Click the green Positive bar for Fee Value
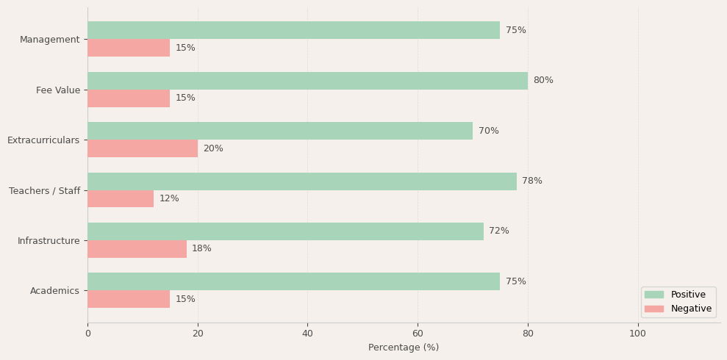(307, 81)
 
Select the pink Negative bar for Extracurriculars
(143, 148)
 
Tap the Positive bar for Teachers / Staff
(302, 181)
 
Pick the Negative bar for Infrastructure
(137, 249)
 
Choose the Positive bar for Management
(293, 30)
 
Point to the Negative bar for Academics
(129, 299)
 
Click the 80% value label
(543, 81)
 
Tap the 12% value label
(169, 199)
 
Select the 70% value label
(488, 131)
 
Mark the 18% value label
(201, 249)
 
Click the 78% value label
(532, 181)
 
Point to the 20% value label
(213, 148)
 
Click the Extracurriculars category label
(43, 140)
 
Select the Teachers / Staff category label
(44, 191)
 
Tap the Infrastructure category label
(49, 241)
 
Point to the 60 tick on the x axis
(418, 334)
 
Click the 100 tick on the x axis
(638, 334)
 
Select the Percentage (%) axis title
(404, 348)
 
